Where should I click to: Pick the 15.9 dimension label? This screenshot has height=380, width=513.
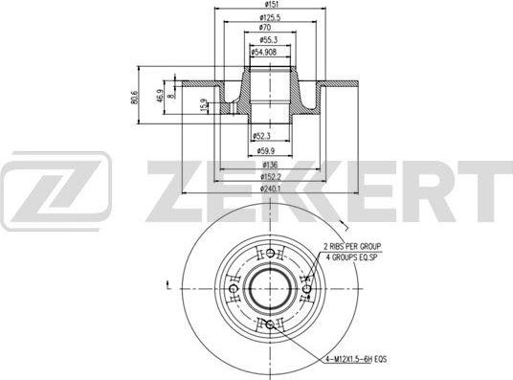[x=203, y=104]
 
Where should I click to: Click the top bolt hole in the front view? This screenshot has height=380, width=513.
[x=271, y=254]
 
